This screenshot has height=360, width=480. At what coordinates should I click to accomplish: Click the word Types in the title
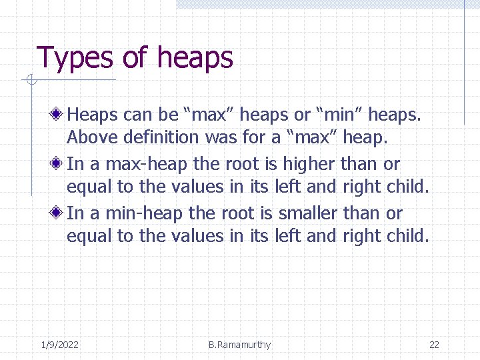[75, 58]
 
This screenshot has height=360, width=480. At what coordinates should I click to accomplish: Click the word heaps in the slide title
[195, 58]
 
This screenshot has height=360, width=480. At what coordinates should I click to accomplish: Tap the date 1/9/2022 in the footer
[59, 345]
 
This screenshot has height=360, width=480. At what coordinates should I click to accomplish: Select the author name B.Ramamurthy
[239, 345]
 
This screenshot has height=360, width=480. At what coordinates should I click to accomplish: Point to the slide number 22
[434, 345]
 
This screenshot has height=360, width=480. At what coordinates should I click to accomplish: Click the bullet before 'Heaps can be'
[58, 115]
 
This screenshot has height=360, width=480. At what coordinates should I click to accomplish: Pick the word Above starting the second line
[89, 138]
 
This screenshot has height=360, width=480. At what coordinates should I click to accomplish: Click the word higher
[309, 164]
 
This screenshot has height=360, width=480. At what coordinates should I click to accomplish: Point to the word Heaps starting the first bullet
[93, 115]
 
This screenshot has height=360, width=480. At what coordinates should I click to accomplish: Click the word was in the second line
[222, 138]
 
